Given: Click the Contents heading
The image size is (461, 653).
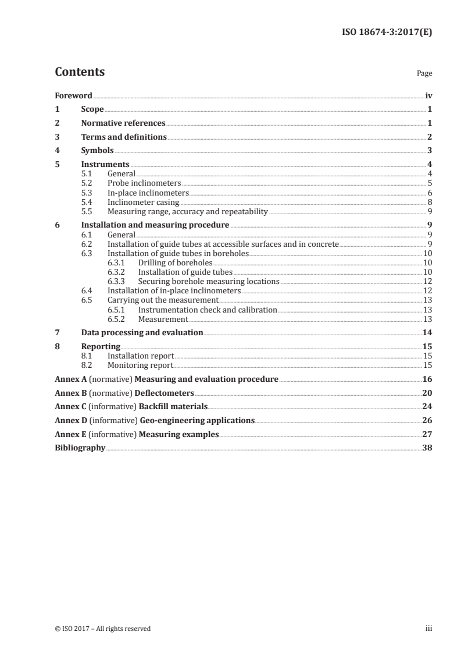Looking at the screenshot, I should tap(80, 72).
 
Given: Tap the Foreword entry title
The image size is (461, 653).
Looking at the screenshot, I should tap(73, 95).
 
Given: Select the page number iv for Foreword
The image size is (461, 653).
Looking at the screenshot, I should tap(428, 95).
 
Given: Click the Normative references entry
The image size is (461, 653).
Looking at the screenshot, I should tap(123, 123).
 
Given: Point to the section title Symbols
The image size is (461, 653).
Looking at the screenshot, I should tap(97, 151).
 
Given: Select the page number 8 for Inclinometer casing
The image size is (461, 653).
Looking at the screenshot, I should tap(430, 203).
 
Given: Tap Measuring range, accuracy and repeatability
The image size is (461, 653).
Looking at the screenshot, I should tap(188, 212).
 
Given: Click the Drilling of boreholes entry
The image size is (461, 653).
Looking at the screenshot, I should tap(175, 263).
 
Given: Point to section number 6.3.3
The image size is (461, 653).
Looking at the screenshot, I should tap(117, 282).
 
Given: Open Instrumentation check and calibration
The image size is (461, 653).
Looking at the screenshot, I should tap(208, 310).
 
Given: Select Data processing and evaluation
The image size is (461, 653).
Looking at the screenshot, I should tap(142, 333).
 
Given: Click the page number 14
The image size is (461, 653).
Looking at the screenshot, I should tap(427, 333).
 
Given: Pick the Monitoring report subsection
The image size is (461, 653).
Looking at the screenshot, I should tap(140, 365).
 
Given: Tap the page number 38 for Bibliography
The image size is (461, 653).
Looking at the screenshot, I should tap(427, 448).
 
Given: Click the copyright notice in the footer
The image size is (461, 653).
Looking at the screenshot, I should tap(102, 629).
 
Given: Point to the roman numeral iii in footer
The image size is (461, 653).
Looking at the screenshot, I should tap(428, 629).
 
